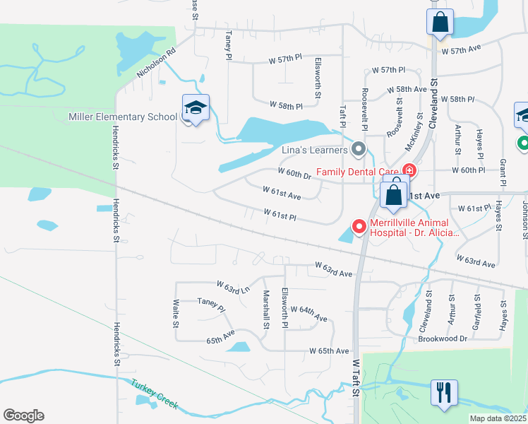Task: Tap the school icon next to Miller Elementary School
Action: pyautogui.click(x=196, y=108)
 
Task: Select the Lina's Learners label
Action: pyautogui.click(x=315, y=149)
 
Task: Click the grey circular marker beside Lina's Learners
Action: pyautogui.click(x=359, y=149)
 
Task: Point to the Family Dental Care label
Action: pyautogui.click(x=357, y=171)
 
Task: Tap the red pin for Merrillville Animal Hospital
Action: pyautogui.click(x=359, y=226)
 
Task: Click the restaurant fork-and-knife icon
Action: pyautogui.click(x=444, y=392)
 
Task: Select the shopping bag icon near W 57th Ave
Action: pyautogui.click(x=440, y=22)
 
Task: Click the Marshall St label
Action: pyautogui.click(x=266, y=309)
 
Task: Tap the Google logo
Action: pyautogui.click(x=23, y=415)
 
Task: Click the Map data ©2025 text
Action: pyautogui.click(x=498, y=418)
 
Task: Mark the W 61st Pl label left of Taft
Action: pyautogui.click(x=280, y=213)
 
